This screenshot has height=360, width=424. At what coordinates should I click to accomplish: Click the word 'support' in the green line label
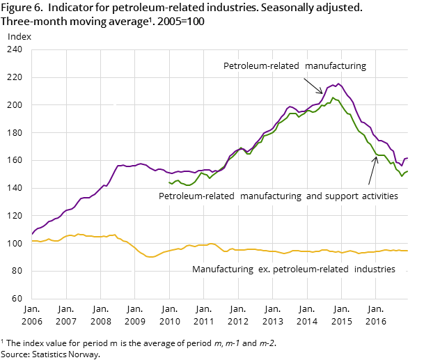(331, 196)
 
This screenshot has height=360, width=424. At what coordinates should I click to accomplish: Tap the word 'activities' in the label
(375, 196)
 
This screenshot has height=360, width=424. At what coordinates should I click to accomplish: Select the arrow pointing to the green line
(372, 171)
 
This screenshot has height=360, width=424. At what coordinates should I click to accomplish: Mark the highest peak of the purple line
(338, 84)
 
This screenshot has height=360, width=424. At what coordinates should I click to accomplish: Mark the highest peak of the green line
(333, 97)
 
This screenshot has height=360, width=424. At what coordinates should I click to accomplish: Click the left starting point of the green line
(169, 182)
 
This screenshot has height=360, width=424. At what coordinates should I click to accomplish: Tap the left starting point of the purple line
(32, 234)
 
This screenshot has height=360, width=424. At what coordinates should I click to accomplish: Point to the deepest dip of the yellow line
(149, 257)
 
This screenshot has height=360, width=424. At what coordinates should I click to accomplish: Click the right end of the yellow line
(407, 251)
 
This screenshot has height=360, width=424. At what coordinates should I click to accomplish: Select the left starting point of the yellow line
(32, 241)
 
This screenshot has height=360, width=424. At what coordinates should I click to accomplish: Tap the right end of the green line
(407, 171)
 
